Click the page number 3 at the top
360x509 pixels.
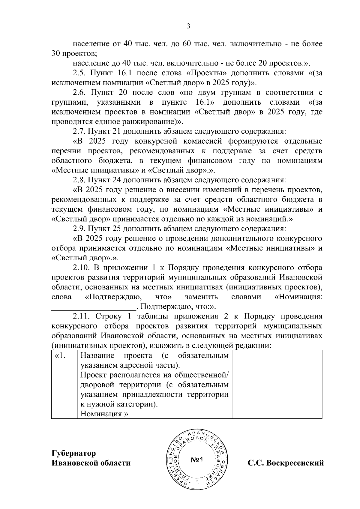tap(188, 26)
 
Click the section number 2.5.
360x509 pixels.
tap(79, 73)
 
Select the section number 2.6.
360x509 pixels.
tap(79, 92)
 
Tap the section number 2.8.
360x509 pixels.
tap(79, 180)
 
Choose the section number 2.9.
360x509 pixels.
tap(79, 229)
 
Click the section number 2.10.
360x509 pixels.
tap(81, 268)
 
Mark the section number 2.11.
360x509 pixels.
tap(81, 317)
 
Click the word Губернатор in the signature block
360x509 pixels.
tap(74, 453)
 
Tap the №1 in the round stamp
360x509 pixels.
tap(197, 460)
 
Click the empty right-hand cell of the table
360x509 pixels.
tap(277, 384)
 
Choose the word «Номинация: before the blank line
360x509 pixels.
tap(298, 297)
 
